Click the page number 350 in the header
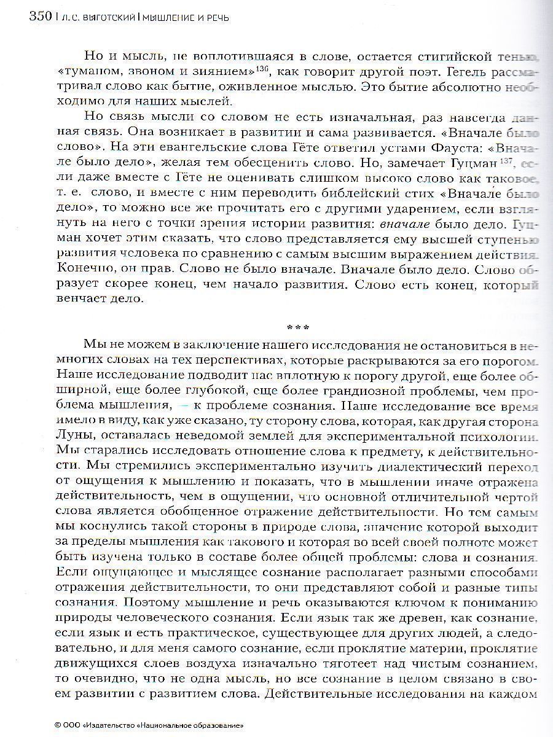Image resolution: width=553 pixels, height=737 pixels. [x=40, y=16]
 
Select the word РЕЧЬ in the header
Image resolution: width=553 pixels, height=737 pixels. [x=215, y=18]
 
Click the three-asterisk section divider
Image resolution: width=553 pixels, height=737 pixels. [x=297, y=327]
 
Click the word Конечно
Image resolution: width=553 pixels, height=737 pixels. [x=81, y=268]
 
